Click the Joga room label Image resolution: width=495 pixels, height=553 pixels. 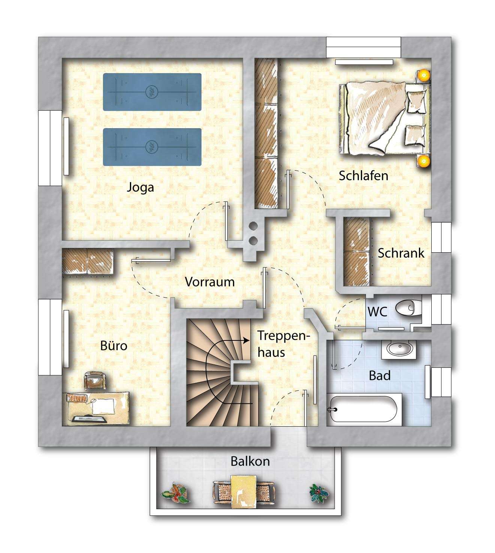tap(141, 188)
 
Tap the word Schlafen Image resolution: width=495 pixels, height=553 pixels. tap(363, 176)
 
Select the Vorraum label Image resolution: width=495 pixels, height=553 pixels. tap(210, 282)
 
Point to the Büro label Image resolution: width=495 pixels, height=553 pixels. tap(114, 346)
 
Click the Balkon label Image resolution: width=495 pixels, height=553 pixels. tap(250, 461)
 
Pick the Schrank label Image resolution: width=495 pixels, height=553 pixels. tap(401, 253)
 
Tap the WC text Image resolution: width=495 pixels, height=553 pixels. tap(377, 312)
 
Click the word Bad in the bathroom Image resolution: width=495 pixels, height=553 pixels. tap(380, 376)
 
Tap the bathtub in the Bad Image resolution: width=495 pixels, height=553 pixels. tap(364, 409)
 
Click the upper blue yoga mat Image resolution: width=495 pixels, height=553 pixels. tap(152, 92)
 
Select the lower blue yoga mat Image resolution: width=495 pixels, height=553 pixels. tap(152, 147)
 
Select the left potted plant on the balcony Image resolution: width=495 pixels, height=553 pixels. tap(175, 492)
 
